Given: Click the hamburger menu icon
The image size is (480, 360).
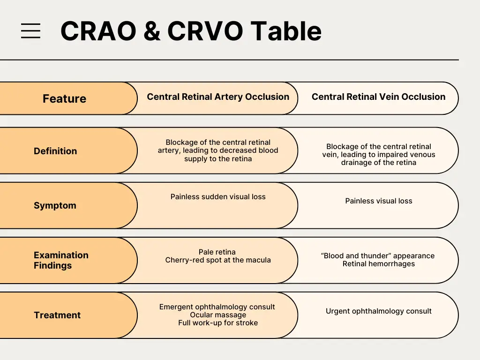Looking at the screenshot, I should tap(30, 31).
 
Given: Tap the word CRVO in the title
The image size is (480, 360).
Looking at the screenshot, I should tap(205, 31).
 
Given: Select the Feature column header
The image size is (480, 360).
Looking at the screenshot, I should tap(64, 99).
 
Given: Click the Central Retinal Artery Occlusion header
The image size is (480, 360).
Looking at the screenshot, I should tap(218, 97).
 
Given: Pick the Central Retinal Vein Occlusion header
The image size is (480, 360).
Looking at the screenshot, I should tap(378, 97).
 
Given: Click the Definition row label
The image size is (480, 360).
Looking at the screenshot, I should tap(55, 151).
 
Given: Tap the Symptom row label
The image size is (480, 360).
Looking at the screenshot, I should tap(55, 205).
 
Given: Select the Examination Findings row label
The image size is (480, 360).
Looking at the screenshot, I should tap(61, 260).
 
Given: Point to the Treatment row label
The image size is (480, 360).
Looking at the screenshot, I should tap(57, 315).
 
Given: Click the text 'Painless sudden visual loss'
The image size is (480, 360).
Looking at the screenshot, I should tap(218, 197).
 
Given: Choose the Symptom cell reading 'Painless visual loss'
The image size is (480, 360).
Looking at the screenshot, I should tap(379, 201).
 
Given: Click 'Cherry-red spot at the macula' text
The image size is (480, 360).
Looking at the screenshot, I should tap(218, 260).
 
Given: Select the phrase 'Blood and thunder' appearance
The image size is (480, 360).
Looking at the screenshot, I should tap(378, 256).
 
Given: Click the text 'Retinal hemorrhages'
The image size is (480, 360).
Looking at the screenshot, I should tap(379, 264).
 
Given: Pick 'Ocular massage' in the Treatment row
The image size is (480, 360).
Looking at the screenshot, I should tap(218, 315).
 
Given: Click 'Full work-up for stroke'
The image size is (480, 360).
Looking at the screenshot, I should tap(218, 323).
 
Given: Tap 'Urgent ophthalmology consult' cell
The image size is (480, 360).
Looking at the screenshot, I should tap(379, 311).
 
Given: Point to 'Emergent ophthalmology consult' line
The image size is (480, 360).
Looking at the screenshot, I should tap(217, 307).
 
